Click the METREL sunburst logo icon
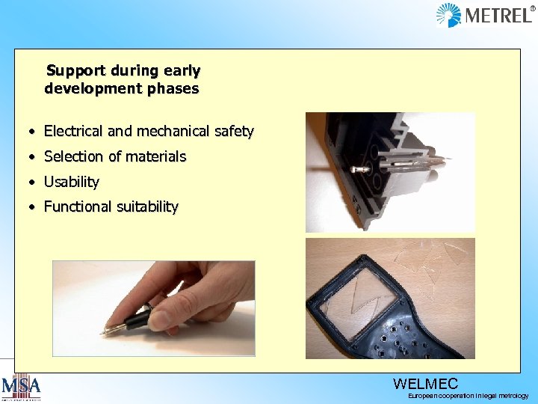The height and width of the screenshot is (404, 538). coord(448,15)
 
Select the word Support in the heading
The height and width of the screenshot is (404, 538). coord(75,71)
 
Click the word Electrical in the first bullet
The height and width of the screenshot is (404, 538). coord(73,132)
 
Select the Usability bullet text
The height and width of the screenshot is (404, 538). coord(71,182)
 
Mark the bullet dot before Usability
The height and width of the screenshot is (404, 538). coord(32,183)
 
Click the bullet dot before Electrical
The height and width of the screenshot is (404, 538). coord(32,132)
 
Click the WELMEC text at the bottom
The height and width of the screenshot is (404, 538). coord(425,384)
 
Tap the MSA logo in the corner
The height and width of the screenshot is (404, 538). coord(21,388)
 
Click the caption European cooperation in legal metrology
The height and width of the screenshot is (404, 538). coord(468,396)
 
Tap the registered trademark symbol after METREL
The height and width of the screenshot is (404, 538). coord(533,8)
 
